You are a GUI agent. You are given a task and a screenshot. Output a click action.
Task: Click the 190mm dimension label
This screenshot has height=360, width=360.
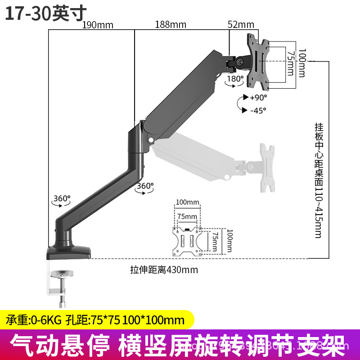97,25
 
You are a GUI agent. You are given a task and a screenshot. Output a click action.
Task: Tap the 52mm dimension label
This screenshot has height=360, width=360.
241,25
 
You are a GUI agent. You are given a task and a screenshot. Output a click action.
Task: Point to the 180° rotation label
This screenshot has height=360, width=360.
235,78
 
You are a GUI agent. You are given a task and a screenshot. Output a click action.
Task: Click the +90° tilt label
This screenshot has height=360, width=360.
258,97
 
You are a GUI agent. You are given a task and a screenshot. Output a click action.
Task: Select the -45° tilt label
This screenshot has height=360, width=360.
258,109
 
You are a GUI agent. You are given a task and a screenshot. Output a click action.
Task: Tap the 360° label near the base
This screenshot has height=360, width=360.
62,198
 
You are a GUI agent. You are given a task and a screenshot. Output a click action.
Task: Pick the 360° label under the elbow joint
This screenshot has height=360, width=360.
145,185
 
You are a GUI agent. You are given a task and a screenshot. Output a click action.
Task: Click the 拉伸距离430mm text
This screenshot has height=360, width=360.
164,270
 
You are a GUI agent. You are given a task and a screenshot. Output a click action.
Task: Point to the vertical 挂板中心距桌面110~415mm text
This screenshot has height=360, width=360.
318,180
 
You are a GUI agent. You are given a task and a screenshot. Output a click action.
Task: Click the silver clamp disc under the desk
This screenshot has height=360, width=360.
63,274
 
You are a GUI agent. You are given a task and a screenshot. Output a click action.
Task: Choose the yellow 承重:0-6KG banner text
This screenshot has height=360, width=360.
95,320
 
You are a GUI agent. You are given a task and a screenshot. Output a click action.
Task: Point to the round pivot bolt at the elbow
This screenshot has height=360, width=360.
149,144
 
